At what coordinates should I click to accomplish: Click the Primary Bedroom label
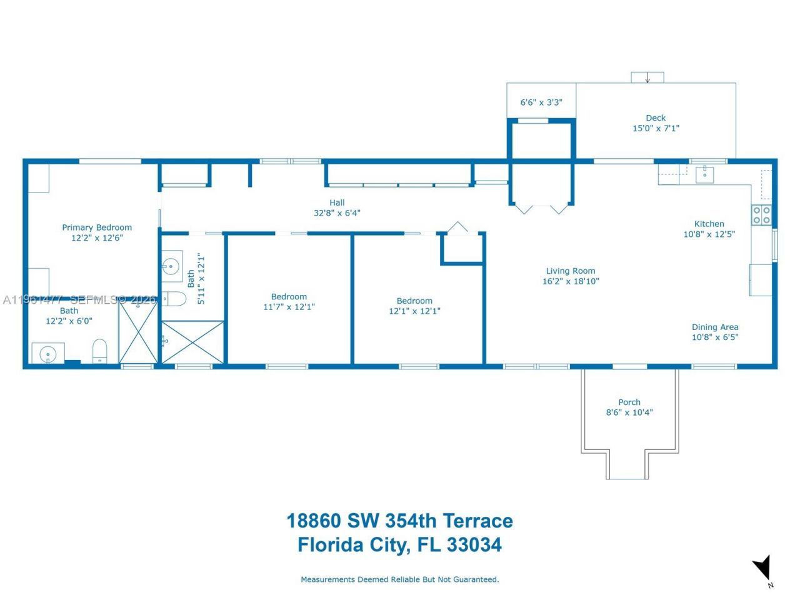pyautogui.click(x=97, y=227)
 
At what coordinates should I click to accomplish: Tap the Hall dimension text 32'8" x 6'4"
pyautogui.click(x=337, y=213)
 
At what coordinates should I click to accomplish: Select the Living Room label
pyautogui.click(x=571, y=271)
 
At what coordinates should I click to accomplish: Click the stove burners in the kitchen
pyautogui.click(x=761, y=215)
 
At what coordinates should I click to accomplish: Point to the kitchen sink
pyautogui.click(x=705, y=173)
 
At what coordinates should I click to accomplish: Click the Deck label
pyautogui.click(x=656, y=117)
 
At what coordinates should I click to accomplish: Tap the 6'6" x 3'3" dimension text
pyautogui.click(x=541, y=102)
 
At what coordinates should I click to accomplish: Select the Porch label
pyautogui.click(x=629, y=402)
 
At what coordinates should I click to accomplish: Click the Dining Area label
pyautogui.click(x=715, y=327)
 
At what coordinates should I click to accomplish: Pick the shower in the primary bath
pyautogui.click(x=138, y=332)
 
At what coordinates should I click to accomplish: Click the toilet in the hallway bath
pyautogui.click(x=176, y=299)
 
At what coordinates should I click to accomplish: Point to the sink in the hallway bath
pyautogui.click(x=171, y=266)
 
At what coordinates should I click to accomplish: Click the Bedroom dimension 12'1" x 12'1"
pyautogui.click(x=414, y=311)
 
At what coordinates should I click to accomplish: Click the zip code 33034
pyautogui.click(x=474, y=545)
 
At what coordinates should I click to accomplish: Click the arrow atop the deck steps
pyautogui.click(x=647, y=78)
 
